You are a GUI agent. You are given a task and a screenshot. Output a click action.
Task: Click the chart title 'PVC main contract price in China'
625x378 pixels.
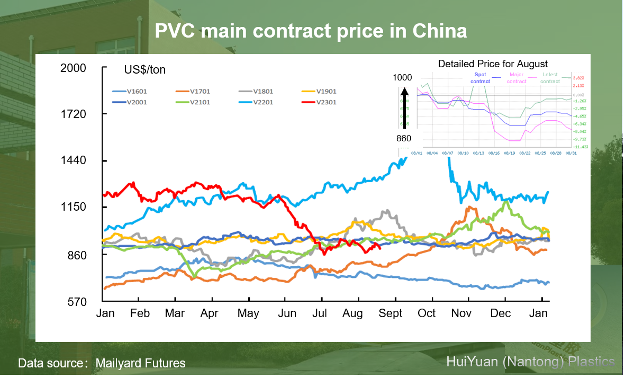(x=311, y=31)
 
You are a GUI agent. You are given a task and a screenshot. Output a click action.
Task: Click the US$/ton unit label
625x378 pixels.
(x=145, y=70)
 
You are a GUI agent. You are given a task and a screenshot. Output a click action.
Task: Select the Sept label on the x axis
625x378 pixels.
(x=391, y=313)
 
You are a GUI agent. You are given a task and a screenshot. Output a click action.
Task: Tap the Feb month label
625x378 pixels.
(x=140, y=313)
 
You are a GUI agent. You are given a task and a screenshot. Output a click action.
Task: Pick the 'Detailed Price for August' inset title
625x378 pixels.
(x=493, y=64)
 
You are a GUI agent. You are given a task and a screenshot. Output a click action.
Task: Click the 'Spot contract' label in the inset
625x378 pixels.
(x=480, y=78)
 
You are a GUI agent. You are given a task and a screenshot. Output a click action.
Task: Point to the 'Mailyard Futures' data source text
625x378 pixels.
(x=140, y=363)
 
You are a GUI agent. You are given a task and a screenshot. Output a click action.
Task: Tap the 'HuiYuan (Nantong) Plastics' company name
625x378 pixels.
(x=530, y=362)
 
